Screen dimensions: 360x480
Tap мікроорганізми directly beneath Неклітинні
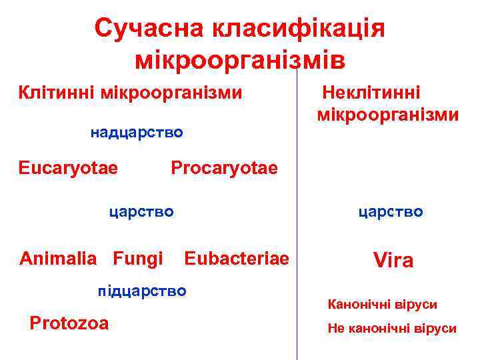[x=388, y=115]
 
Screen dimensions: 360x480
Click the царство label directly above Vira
[x=391, y=212]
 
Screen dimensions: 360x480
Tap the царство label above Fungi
[x=141, y=212]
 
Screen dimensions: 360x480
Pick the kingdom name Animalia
[x=59, y=257]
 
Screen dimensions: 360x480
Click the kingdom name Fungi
[x=138, y=257]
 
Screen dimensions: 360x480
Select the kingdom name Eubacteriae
[x=237, y=257]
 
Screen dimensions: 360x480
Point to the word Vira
[x=393, y=261]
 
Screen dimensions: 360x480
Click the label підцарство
[x=141, y=291]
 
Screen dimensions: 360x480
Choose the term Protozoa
[x=69, y=323]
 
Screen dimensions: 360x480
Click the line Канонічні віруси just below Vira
[x=383, y=305]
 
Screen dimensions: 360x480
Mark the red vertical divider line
[x=297, y=200]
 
